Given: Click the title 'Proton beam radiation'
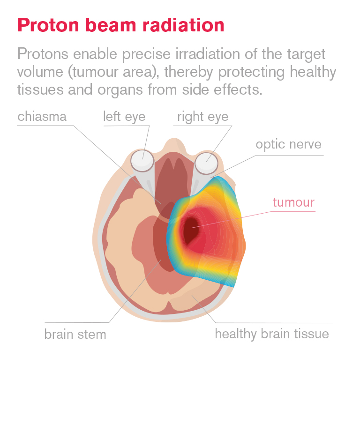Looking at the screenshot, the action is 121,25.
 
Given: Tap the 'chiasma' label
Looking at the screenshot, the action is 42,116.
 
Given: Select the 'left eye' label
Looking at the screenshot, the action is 124,117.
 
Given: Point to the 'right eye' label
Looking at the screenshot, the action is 202,117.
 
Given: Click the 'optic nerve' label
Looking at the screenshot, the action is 289,144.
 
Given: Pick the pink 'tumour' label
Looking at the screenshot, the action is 293,202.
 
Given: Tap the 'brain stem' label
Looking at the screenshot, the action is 75,334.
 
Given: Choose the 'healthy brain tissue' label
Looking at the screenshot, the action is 272,334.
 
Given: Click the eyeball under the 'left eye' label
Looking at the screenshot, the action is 142,161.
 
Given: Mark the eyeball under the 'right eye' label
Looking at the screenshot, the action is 206,163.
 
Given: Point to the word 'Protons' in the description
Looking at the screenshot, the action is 43,54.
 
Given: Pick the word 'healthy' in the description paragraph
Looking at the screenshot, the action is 313,72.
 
